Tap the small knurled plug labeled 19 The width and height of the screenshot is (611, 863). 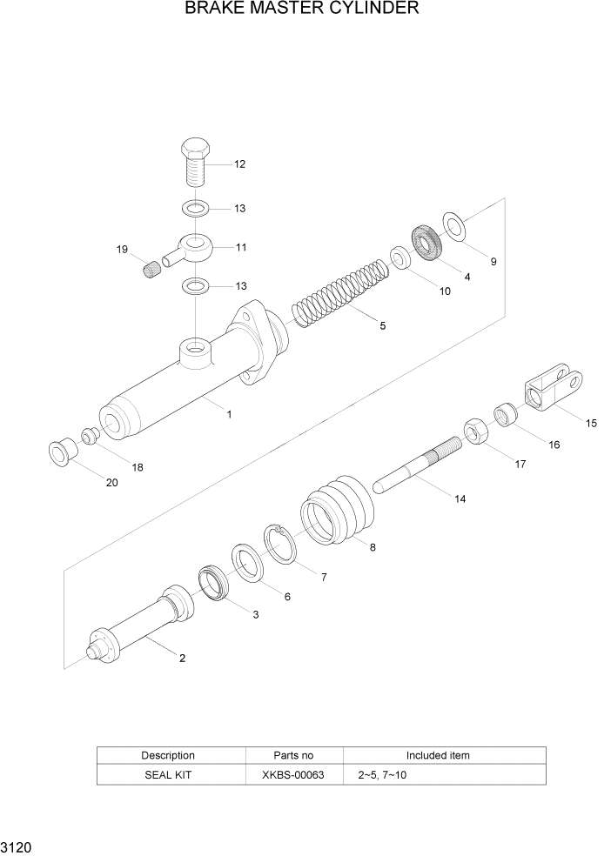point(152,270)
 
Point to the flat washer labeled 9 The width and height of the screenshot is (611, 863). point(454,224)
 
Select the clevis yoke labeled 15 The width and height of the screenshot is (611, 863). point(553,388)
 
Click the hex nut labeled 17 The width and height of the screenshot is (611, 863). point(474,431)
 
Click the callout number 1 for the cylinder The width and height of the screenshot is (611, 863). point(229,415)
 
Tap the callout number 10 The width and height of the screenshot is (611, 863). point(445,291)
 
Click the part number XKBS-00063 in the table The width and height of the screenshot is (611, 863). point(295,774)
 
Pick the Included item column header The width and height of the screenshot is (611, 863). point(437,755)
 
